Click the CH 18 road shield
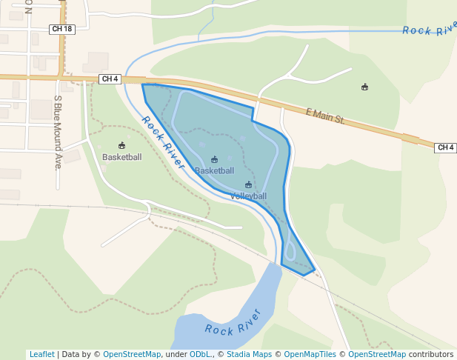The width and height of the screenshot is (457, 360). point(62,29)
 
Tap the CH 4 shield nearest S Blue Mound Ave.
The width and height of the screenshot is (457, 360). point(110,79)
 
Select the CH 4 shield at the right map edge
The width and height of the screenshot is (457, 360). point(445,147)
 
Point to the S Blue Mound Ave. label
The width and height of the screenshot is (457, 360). point(58,132)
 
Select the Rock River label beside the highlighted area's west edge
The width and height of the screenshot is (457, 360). point(163,142)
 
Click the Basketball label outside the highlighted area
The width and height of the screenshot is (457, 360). point(121,157)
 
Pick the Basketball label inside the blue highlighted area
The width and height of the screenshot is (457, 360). point(214,171)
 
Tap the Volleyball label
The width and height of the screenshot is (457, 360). point(248,196)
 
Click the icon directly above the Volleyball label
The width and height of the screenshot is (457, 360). point(248,185)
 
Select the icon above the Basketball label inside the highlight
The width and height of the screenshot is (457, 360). point(215,160)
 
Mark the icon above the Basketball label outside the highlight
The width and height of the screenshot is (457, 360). point(121,145)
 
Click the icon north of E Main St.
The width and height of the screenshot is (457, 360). point(364,87)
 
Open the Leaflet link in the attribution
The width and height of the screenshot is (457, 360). point(42,355)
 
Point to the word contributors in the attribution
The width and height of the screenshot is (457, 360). point(430,355)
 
